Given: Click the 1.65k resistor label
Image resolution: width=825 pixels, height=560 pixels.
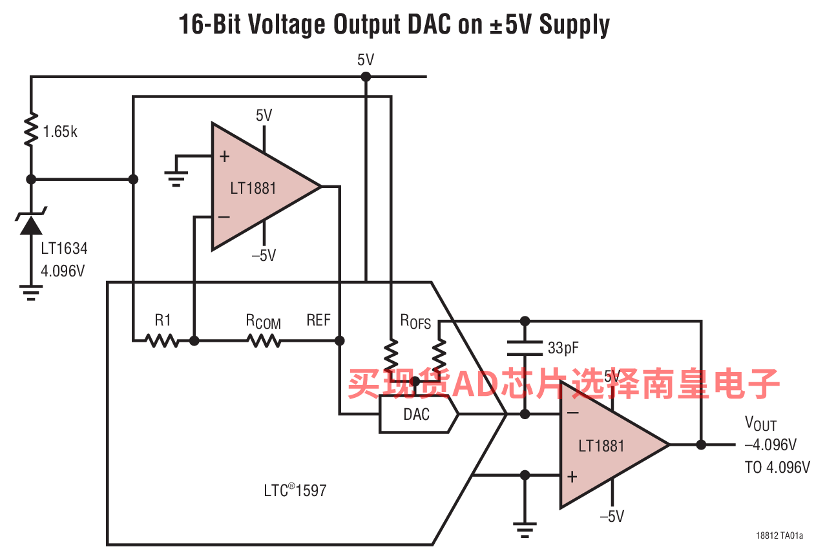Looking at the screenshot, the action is tap(60, 131).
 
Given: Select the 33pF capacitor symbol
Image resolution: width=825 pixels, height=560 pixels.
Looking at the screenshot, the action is tap(525, 348).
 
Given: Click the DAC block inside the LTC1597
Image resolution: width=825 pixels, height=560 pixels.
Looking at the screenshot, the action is tap(419, 415).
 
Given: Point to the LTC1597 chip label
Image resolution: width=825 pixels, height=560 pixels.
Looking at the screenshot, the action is tap(295, 490).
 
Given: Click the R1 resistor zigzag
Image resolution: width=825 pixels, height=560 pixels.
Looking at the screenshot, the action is tap(162, 341).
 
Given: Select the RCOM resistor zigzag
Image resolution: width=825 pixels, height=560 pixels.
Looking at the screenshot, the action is tap(264, 341).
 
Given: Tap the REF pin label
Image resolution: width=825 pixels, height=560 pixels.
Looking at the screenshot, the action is tap(319, 320).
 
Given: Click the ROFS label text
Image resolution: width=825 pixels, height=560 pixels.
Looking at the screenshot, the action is tap(415, 322).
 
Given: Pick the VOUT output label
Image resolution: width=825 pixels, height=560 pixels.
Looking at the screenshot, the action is tap(761, 424).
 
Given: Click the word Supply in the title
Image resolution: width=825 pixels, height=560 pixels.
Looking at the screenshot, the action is tap(574, 25).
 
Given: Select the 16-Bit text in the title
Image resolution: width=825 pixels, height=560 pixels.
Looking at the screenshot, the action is tap(209, 25).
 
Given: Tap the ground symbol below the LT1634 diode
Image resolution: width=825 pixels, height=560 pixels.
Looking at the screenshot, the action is tap(31, 293).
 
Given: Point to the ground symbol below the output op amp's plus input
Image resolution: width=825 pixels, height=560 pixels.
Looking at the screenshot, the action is tap(525, 530).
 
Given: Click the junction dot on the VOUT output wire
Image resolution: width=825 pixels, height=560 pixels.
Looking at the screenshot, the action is tap(701, 445).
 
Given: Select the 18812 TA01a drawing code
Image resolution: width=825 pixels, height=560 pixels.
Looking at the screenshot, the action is tap(779, 535).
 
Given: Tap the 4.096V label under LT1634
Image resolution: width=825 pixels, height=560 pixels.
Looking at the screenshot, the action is tap(63, 271).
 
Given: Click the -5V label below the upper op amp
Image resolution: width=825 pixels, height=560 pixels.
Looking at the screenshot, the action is tap(264, 256).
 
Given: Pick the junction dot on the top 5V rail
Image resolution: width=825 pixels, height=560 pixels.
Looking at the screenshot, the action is tap(366, 77).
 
